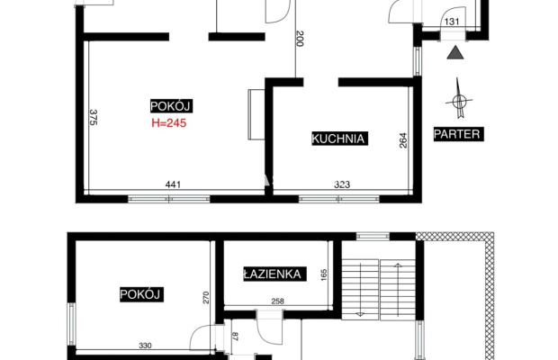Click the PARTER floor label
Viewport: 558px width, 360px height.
[458, 134]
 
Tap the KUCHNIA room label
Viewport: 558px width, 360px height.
[339, 139]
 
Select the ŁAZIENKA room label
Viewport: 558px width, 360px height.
[274, 274]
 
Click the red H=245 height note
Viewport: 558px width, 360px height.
[168, 123]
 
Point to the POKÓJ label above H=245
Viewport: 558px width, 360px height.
[171, 106]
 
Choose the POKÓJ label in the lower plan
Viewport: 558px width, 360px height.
[141, 294]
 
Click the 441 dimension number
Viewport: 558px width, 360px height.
[173, 184]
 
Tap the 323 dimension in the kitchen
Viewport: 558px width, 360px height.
[342, 184]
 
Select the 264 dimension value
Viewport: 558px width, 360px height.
[403, 140]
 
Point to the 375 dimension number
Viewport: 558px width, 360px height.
[94, 117]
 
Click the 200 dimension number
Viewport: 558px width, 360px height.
[300, 39]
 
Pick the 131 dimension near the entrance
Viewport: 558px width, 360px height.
[452, 22]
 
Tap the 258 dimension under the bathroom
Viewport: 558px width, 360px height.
[277, 301]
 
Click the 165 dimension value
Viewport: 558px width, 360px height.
[324, 275]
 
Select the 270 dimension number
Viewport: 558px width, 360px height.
[206, 298]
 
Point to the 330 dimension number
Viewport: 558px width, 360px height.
[145, 346]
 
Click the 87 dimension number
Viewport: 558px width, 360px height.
[235, 337]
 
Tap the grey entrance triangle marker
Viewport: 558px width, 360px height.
[455, 52]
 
